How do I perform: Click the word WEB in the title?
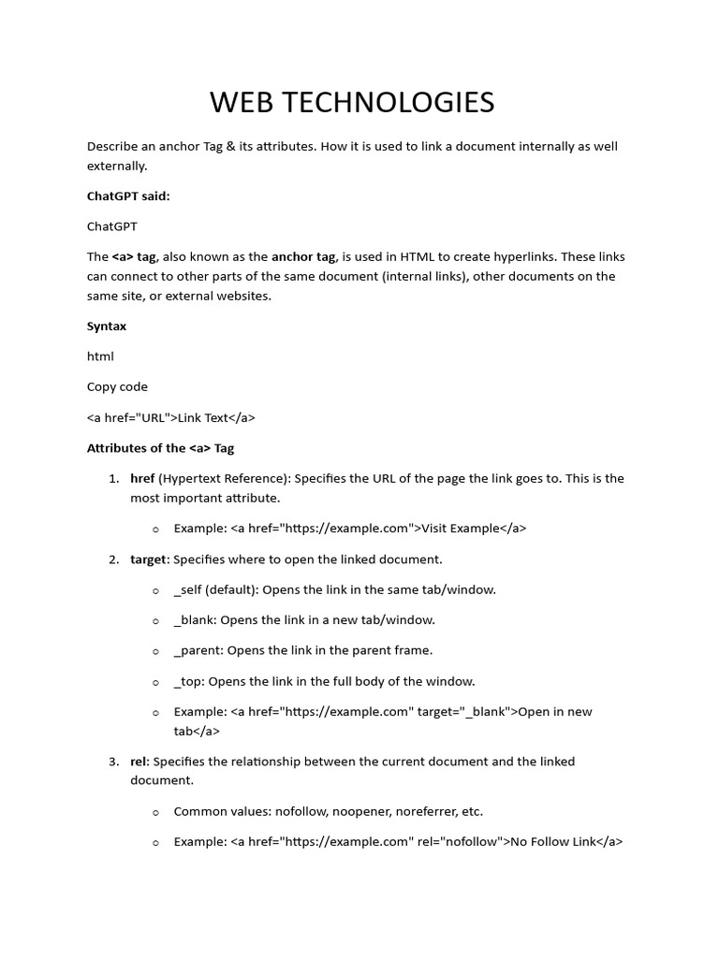coord(238,102)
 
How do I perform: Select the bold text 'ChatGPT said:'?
coord(128,196)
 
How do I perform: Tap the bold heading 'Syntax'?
coord(107,327)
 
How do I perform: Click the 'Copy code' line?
coord(117,386)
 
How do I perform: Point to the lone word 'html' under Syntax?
coord(100,356)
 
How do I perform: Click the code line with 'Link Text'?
coord(171,417)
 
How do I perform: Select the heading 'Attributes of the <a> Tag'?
coord(160,448)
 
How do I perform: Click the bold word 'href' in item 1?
coord(142,478)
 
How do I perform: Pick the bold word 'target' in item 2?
coord(149,559)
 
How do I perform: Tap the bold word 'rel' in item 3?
coord(139,762)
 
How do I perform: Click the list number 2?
coord(113,559)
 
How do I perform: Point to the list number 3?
coord(113,762)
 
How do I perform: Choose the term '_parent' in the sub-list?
coord(198,650)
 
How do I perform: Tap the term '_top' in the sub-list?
coord(188,681)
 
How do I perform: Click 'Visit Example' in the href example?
coord(461,529)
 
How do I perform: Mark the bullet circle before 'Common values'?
coord(155,812)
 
